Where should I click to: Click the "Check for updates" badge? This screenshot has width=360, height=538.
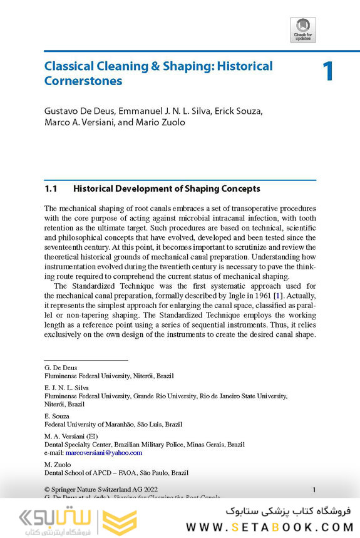(x=303, y=29)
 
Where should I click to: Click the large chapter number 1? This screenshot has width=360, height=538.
(x=328, y=71)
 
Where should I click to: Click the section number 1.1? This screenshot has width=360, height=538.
(x=51, y=189)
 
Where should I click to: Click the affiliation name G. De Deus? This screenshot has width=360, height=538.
(x=61, y=368)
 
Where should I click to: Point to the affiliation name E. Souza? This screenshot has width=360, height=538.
(x=57, y=416)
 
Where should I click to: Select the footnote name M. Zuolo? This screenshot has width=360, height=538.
(x=58, y=464)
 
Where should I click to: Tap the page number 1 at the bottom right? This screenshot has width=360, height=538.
(x=314, y=489)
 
